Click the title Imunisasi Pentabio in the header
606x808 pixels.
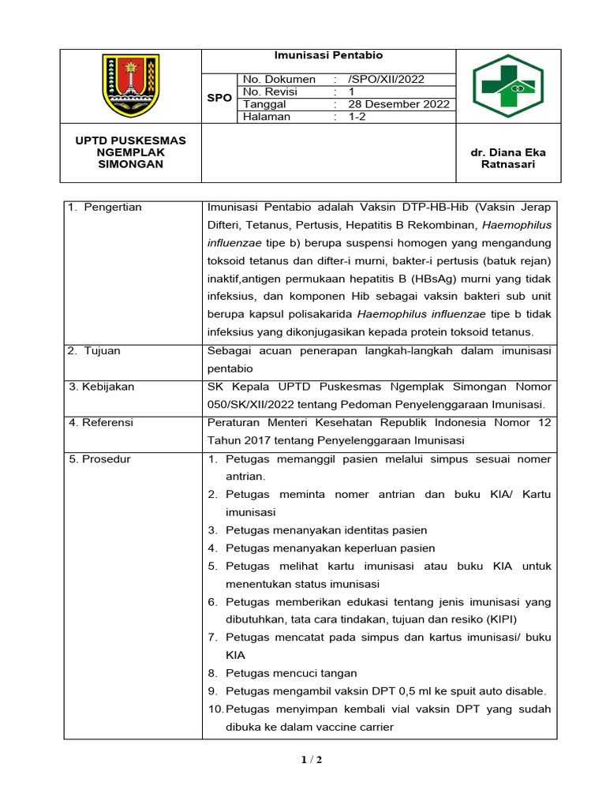(328, 55)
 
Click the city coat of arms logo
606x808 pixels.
(132, 84)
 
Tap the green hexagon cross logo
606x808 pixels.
(508, 85)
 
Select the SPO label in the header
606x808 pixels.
(219, 98)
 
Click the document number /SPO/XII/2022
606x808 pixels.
(386, 79)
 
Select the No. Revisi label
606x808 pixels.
(270, 92)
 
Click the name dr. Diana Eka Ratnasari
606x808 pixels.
(508, 158)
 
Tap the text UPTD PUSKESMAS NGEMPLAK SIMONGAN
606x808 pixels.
(130, 152)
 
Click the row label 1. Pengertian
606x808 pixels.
(105, 208)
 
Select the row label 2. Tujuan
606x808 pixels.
(95, 350)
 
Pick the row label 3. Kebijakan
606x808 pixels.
(102, 387)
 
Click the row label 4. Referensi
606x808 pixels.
(101, 422)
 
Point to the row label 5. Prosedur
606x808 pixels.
(100, 458)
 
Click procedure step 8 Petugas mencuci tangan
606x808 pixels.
(290, 673)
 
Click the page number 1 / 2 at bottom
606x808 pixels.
(311, 760)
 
